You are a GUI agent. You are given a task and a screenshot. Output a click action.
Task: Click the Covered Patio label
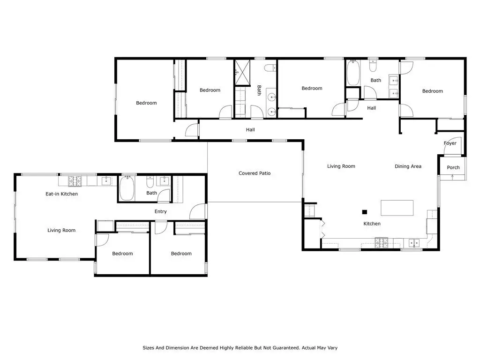coord(255,173)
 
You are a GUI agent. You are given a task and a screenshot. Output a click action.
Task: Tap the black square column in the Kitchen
coord(365,212)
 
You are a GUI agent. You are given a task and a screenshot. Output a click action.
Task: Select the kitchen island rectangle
coord(397,208)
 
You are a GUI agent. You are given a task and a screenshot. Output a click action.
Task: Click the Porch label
coord(453,167)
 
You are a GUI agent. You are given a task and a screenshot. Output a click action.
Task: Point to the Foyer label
coord(450,143)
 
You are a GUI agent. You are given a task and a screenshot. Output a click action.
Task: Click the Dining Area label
coord(408,166)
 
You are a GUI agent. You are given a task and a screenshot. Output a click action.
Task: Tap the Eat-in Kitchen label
coord(61,194)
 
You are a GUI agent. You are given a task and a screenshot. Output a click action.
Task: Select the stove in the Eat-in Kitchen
coord(75,181)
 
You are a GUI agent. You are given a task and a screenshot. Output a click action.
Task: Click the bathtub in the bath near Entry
coord(127,188)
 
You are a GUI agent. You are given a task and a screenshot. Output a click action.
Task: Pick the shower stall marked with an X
coord(242,72)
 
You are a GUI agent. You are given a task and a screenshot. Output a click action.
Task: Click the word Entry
coord(160,211)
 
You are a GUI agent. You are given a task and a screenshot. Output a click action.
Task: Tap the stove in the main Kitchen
coord(382,243)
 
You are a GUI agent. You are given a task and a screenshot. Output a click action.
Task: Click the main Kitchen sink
coord(414,243)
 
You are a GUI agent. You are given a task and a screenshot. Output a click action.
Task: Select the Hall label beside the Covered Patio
coord(250,130)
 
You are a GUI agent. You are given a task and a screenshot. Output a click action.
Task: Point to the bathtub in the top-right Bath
coord(353,73)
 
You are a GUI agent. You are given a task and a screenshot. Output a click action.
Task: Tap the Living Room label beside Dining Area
coord(341,166)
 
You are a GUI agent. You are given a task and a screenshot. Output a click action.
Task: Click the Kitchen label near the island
coord(372,224)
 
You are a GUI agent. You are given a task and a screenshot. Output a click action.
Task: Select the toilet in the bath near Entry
coord(150,182)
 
